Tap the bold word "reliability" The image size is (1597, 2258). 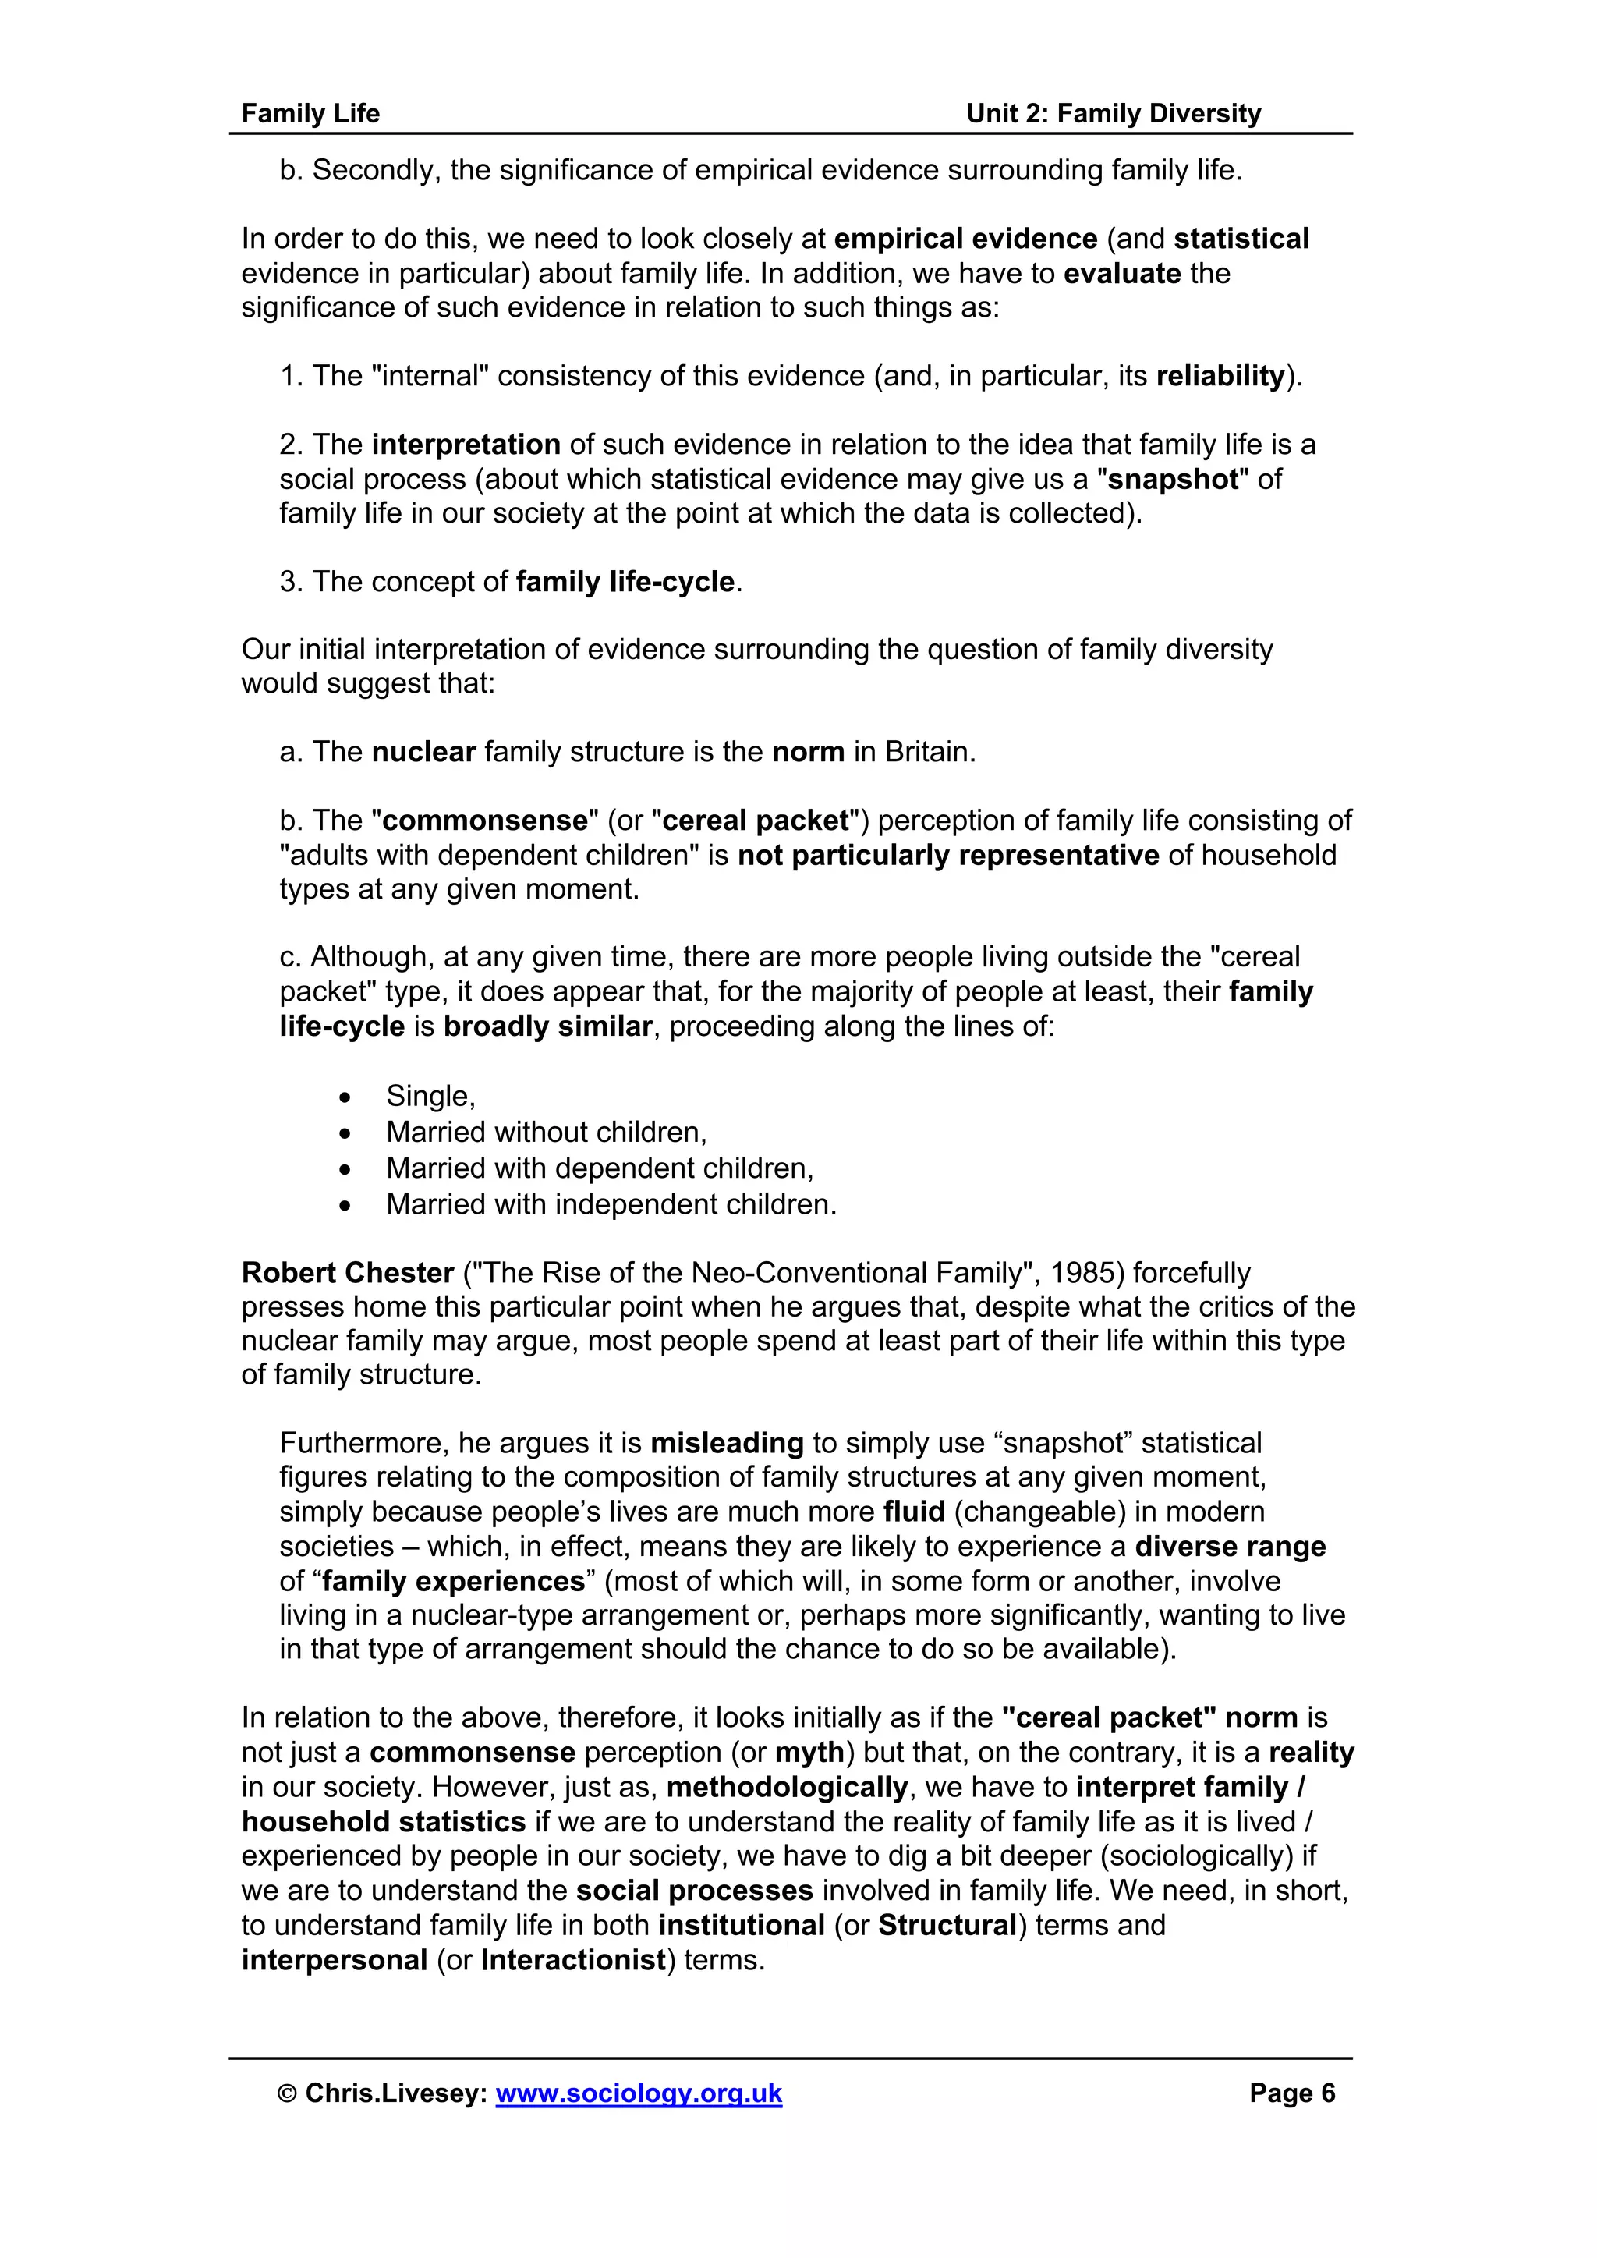tap(1220, 376)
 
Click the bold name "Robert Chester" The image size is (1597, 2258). tap(347, 1273)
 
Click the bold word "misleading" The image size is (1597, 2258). tap(727, 1443)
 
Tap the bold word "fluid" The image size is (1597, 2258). tap(914, 1512)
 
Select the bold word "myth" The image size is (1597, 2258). tap(809, 1753)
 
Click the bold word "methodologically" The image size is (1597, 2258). tap(787, 1787)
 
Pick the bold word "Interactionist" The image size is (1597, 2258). tap(573, 1960)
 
